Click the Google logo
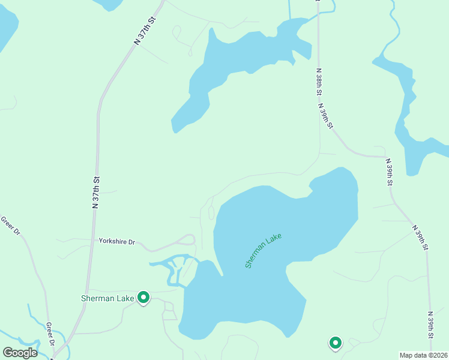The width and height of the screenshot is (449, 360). [20, 353]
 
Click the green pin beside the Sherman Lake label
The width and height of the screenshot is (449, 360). [143, 298]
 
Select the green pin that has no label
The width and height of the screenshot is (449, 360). [335, 343]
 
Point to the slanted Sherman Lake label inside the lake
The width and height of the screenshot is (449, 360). [263, 250]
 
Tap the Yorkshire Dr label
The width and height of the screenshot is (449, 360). [117, 242]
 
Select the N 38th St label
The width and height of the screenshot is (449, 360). [319, 85]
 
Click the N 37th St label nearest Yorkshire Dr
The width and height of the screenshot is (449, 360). [95, 192]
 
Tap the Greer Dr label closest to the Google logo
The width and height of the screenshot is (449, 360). [52, 335]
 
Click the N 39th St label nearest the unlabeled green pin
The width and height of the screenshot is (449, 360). [430, 327]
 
